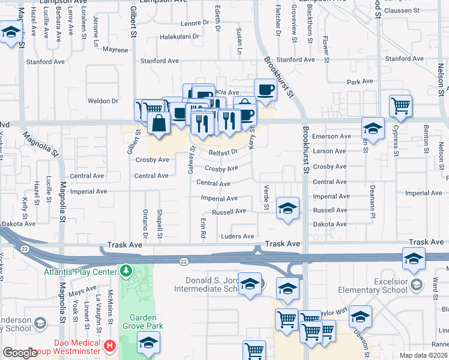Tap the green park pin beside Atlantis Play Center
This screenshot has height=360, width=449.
125,271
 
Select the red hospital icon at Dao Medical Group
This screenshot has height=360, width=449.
109,346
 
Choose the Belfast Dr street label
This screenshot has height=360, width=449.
223,153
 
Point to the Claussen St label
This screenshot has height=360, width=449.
403,11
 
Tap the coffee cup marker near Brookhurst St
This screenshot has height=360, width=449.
265,90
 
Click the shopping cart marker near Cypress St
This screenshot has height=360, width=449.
400,106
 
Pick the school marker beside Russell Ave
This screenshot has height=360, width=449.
288,208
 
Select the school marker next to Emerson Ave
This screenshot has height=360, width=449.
373,128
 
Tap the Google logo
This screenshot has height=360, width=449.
20,353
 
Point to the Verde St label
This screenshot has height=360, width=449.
266,198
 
